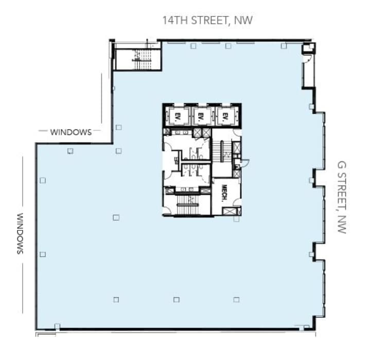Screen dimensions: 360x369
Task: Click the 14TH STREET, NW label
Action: pyautogui.click(x=207, y=21)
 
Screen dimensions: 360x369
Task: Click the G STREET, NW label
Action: pyautogui.click(x=341, y=197)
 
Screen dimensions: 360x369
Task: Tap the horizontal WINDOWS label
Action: pyautogui.click(x=71, y=132)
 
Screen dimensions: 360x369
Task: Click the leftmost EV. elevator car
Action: pyautogui.click(x=178, y=116)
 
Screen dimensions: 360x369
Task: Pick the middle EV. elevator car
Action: pyautogui.click(x=201, y=116)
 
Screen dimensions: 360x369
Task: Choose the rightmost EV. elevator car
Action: pyautogui.click(x=225, y=116)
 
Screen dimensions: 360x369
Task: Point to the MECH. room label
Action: pyautogui.click(x=224, y=192)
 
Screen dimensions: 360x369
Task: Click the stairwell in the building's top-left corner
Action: pyautogui.click(x=137, y=56)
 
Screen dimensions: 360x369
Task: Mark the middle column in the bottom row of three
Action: pyautogui.click(x=177, y=299)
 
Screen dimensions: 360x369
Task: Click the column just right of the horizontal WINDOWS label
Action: pyautogui.click(x=118, y=127)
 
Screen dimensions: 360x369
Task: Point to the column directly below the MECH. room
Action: pyautogui.click(x=236, y=219)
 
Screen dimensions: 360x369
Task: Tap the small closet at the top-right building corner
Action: pyautogui.click(x=309, y=49)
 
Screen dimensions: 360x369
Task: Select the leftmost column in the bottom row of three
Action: pyautogui.click(x=116, y=299)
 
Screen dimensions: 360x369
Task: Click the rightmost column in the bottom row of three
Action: pyautogui.click(x=236, y=299)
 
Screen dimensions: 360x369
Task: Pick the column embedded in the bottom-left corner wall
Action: pyautogui.click(x=57, y=326)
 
